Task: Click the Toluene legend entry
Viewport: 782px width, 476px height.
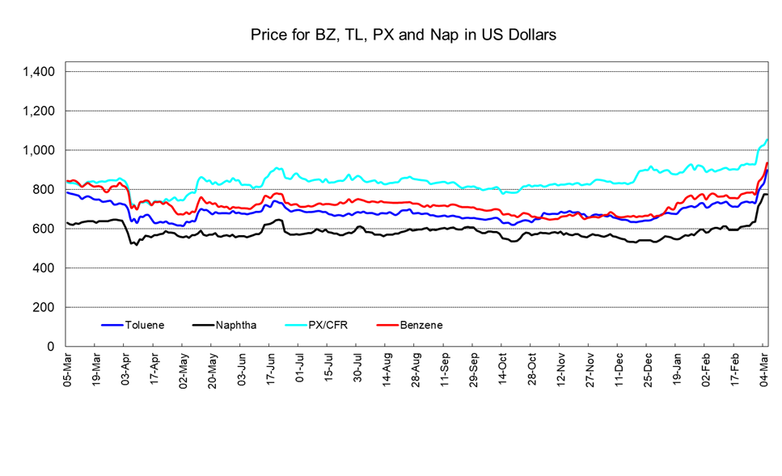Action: pos(145,325)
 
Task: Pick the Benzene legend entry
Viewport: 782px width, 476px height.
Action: pos(421,325)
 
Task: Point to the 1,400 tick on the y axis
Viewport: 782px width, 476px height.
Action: pos(39,72)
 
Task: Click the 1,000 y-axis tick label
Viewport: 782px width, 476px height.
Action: pos(39,150)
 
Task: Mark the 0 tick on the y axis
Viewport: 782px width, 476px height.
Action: pos(51,347)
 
